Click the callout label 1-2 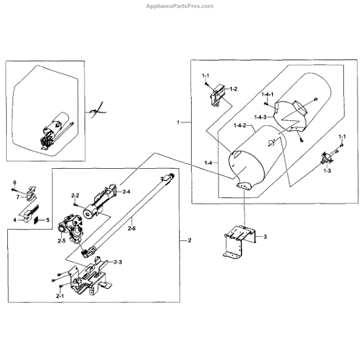232,89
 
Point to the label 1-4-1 268,95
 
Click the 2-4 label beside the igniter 127,192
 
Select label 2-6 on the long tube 133,228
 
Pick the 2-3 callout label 116,262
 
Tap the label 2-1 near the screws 60,295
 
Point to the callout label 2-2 76,195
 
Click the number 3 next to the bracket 265,236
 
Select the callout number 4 15,219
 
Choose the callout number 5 49,219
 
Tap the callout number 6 15,183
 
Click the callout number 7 18,197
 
